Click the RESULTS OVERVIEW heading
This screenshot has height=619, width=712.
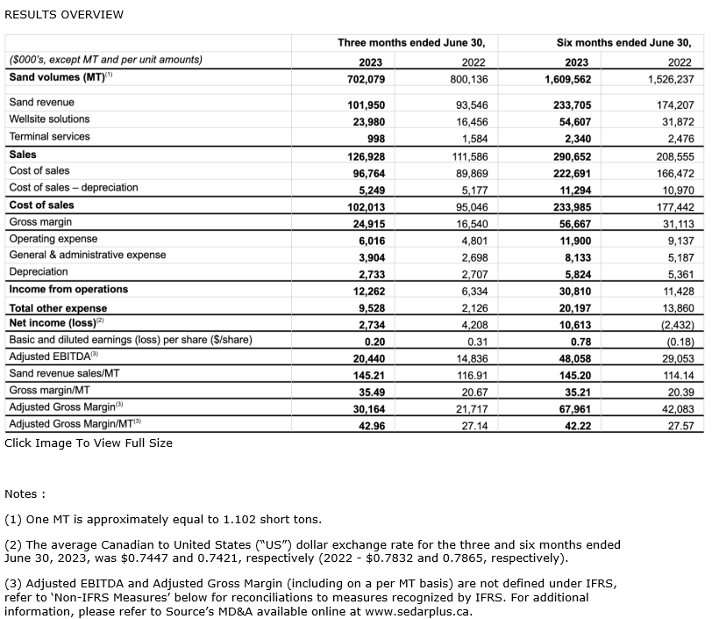click(x=64, y=14)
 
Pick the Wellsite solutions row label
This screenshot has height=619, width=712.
click(x=49, y=119)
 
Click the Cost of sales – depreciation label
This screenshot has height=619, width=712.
click(x=74, y=188)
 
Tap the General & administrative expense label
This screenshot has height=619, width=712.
click(x=87, y=256)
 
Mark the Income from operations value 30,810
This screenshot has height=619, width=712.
click(x=578, y=290)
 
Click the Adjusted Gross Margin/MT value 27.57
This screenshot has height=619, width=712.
click(x=680, y=425)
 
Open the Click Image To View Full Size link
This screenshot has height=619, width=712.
click(x=89, y=443)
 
